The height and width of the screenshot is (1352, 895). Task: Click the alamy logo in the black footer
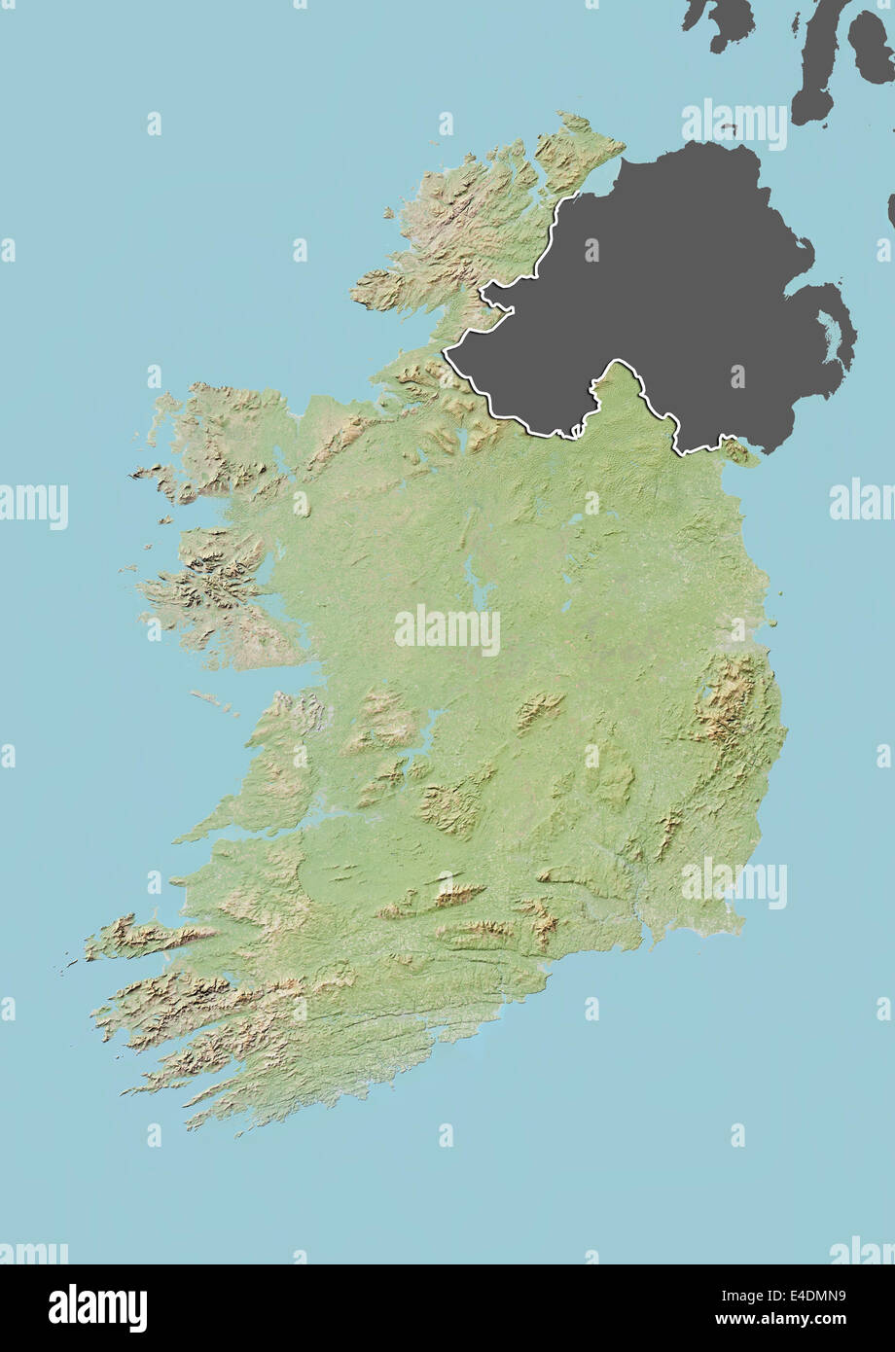pos(97,1307)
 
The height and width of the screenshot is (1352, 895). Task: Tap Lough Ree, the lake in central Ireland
pos(476,585)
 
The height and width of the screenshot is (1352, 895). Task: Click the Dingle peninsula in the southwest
pos(146,939)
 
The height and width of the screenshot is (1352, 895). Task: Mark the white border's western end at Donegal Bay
pos(447,351)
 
